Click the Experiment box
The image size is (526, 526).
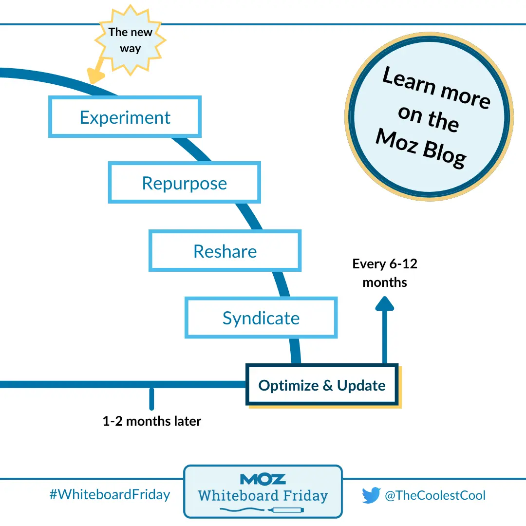pyautogui.click(x=125, y=117)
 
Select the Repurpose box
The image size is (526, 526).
pyautogui.click(x=184, y=183)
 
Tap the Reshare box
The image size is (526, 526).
pyautogui.click(x=225, y=251)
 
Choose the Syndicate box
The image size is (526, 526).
pyautogui.click(x=261, y=318)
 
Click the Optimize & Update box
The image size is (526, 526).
pyautogui.click(x=322, y=385)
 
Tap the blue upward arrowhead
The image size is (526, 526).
pyautogui.click(x=385, y=304)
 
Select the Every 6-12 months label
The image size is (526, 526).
pyautogui.click(x=385, y=273)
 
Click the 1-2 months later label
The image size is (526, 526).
pyautogui.click(x=151, y=421)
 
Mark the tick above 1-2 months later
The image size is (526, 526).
pyautogui.click(x=152, y=398)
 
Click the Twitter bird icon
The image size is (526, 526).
pyautogui.click(x=371, y=496)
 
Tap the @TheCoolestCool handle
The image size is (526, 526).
pyautogui.click(x=435, y=496)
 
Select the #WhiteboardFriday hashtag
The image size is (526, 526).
pyautogui.click(x=110, y=495)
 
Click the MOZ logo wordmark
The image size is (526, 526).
pyautogui.click(x=263, y=480)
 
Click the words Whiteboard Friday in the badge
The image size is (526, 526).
pyautogui.click(x=263, y=496)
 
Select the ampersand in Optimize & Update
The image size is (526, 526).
pyautogui.click(x=327, y=386)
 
